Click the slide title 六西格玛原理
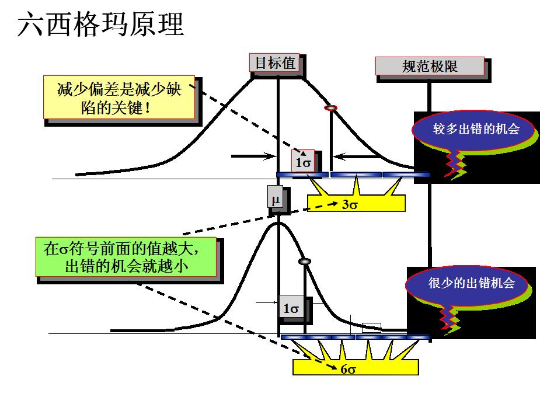pyautogui.click(x=100, y=25)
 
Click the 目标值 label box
pyautogui.click(x=276, y=63)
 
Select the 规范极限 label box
pyautogui.click(x=430, y=67)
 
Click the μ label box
pyautogui.click(x=276, y=198)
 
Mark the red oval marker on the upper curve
pyautogui.click(x=331, y=108)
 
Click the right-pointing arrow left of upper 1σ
pyautogui.click(x=255, y=156)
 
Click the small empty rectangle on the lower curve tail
pyautogui.click(x=371, y=328)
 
